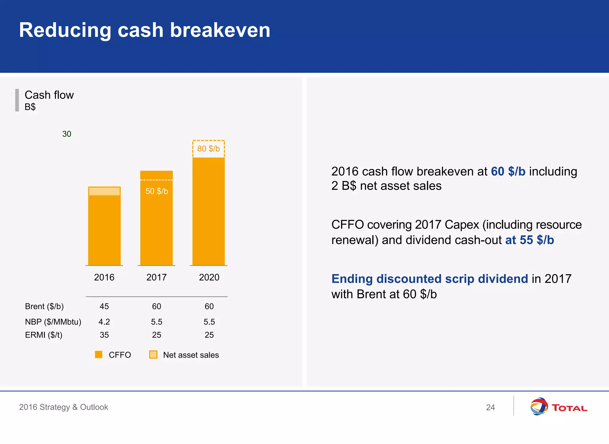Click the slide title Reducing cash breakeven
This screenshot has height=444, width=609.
coord(145,30)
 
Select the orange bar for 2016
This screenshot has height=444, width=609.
coord(104,231)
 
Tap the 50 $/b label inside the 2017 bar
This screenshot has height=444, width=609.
coord(157,191)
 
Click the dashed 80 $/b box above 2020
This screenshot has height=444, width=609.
coord(208,148)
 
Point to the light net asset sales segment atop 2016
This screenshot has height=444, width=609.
coord(104,191)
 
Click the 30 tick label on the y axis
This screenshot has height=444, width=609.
coord(67,134)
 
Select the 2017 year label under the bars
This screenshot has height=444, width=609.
coord(156,277)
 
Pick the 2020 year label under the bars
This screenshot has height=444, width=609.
coord(209,277)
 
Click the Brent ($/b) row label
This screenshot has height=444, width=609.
coord(44,306)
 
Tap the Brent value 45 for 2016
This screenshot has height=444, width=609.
coord(104,306)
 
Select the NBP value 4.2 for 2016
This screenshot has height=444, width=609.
coord(104,322)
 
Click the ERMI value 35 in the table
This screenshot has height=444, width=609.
coord(104,335)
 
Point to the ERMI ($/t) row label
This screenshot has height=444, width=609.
coord(44,335)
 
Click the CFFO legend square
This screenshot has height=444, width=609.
coord(99,354)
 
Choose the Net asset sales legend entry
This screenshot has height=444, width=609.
coord(190,355)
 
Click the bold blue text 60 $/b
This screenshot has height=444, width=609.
coord(508,171)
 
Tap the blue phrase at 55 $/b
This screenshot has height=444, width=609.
coord(529,240)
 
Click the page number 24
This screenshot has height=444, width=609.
coord(490,407)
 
